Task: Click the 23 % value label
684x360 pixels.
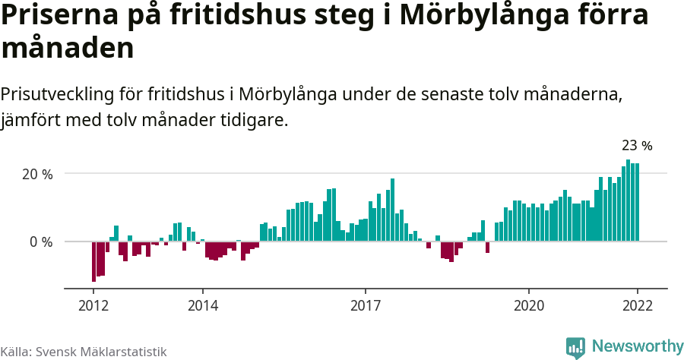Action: coord(637,146)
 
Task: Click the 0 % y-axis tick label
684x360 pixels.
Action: coord(40,242)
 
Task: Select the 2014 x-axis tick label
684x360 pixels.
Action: coord(202,305)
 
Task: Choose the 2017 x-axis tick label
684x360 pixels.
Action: coord(366,305)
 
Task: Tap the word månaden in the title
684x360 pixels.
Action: coord(68,49)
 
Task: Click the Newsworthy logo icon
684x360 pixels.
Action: coord(575,347)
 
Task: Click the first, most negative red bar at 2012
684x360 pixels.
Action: coord(93,261)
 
